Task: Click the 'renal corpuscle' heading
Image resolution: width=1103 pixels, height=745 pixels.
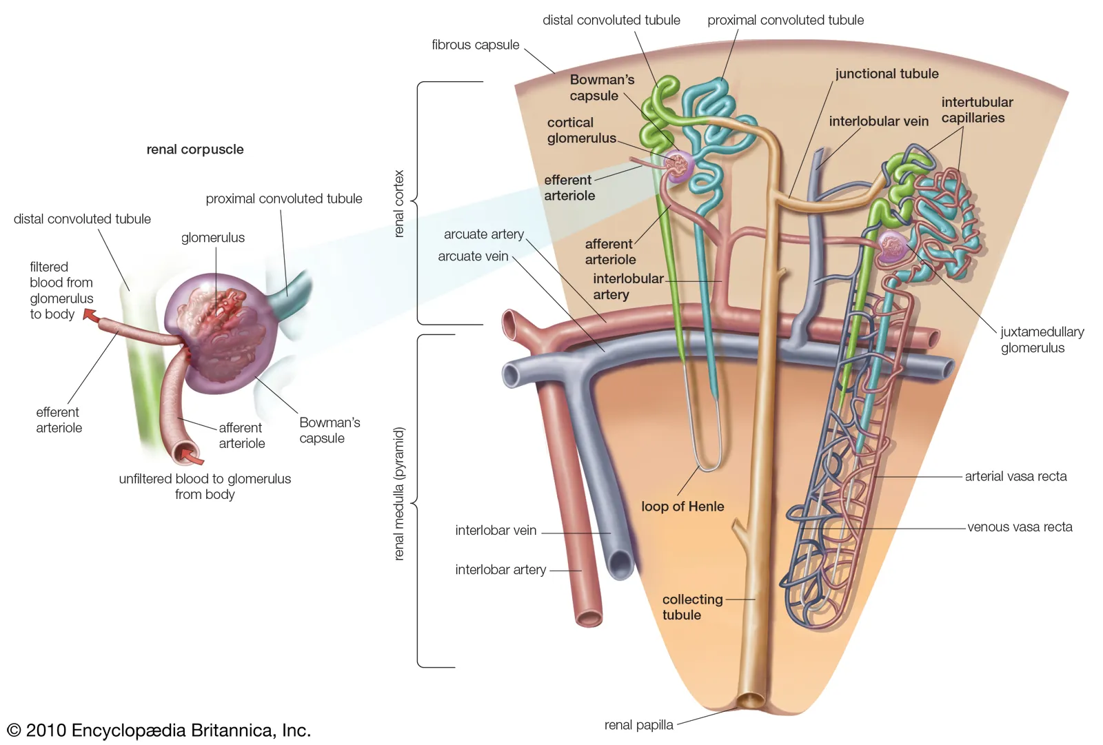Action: (x=195, y=149)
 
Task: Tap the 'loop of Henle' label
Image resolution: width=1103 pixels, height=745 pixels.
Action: (x=682, y=506)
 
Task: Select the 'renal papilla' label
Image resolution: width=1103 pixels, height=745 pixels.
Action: (x=638, y=725)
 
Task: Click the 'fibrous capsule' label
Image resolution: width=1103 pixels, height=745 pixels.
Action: (x=475, y=45)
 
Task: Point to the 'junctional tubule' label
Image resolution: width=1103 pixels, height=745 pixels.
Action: (x=887, y=74)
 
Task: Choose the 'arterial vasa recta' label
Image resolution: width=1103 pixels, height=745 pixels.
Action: (x=1015, y=476)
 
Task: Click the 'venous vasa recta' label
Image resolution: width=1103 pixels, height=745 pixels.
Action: (x=1020, y=527)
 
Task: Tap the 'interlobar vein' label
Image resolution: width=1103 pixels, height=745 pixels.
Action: (x=496, y=530)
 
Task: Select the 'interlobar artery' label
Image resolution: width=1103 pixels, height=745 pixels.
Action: (x=500, y=570)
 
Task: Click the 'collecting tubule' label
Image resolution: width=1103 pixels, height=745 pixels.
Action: (x=692, y=607)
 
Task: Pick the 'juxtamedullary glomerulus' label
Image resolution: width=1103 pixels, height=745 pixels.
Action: (x=1042, y=340)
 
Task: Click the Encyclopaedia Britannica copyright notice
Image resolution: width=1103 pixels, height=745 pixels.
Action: (x=159, y=730)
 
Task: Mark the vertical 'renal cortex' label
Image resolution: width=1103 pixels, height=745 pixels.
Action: (x=399, y=204)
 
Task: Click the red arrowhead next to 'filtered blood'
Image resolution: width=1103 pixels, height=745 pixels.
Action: (x=89, y=315)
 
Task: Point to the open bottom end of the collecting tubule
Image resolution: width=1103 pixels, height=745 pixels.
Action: (x=750, y=700)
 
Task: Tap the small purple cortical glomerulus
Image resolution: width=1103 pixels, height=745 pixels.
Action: (x=678, y=166)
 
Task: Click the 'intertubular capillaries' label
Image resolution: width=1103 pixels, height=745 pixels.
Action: (x=977, y=110)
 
